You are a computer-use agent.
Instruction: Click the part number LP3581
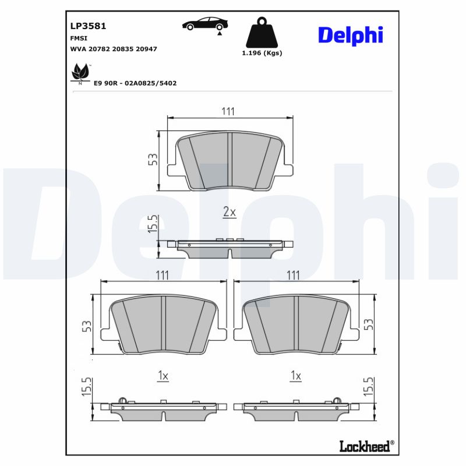[x=87, y=26]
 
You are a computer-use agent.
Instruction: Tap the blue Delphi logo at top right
[x=350, y=35]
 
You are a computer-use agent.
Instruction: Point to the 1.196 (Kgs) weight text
[x=262, y=53]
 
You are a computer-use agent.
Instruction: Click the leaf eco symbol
[x=79, y=73]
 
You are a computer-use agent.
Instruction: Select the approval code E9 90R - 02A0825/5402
[x=135, y=83]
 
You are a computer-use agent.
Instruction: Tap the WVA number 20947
[x=146, y=50]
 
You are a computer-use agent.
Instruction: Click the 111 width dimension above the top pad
[x=228, y=112]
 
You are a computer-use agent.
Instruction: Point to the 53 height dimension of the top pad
[x=153, y=160]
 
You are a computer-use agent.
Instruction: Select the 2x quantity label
[x=230, y=213]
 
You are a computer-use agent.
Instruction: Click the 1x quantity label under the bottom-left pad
[x=163, y=377]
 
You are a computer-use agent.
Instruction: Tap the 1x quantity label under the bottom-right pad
[x=295, y=377]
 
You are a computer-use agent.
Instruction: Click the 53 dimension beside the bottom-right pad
[x=368, y=324]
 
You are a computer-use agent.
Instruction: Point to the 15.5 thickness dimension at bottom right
[x=368, y=387]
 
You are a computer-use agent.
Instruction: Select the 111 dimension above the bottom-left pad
[x=163, y=275]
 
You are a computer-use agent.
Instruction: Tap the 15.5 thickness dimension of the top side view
[x=153, y=224]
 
